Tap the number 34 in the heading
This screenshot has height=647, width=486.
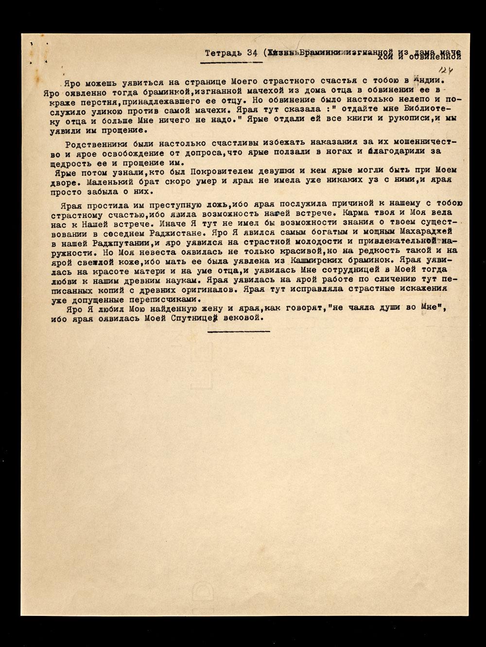tap(252, 53)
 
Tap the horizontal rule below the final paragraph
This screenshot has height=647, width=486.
tap(238, 332)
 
